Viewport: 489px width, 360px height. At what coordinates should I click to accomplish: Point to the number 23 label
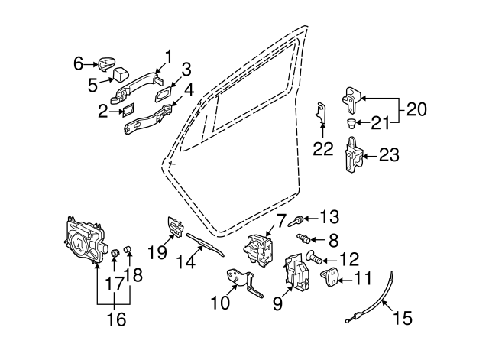[x=389, y=156]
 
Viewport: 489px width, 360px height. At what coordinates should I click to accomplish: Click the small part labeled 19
[x=176, y=227]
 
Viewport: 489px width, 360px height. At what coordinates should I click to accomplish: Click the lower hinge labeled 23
[x=355, y=157]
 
